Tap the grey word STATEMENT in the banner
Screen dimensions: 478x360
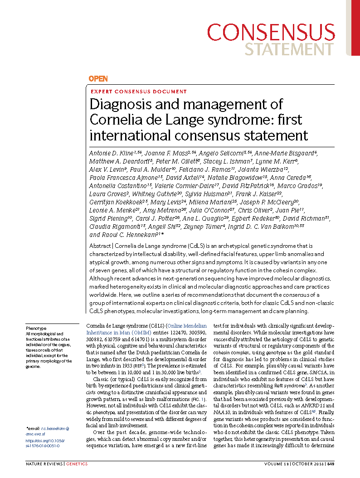pyautogui.click(x=290, y=49)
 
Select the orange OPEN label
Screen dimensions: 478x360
pyautogui.click(x=98, y=79)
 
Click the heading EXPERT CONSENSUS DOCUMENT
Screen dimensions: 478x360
pyautogui.click(x=139, y=92)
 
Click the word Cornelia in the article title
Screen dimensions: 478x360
pyautogui.click(x=112, y=120)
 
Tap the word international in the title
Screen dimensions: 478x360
pyautogui.click(x=126, y=135)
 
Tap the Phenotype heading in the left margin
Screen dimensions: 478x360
pyautogui.click(x=35, y=328)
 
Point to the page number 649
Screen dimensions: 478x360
pyautogui.click(x=331, y=464)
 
